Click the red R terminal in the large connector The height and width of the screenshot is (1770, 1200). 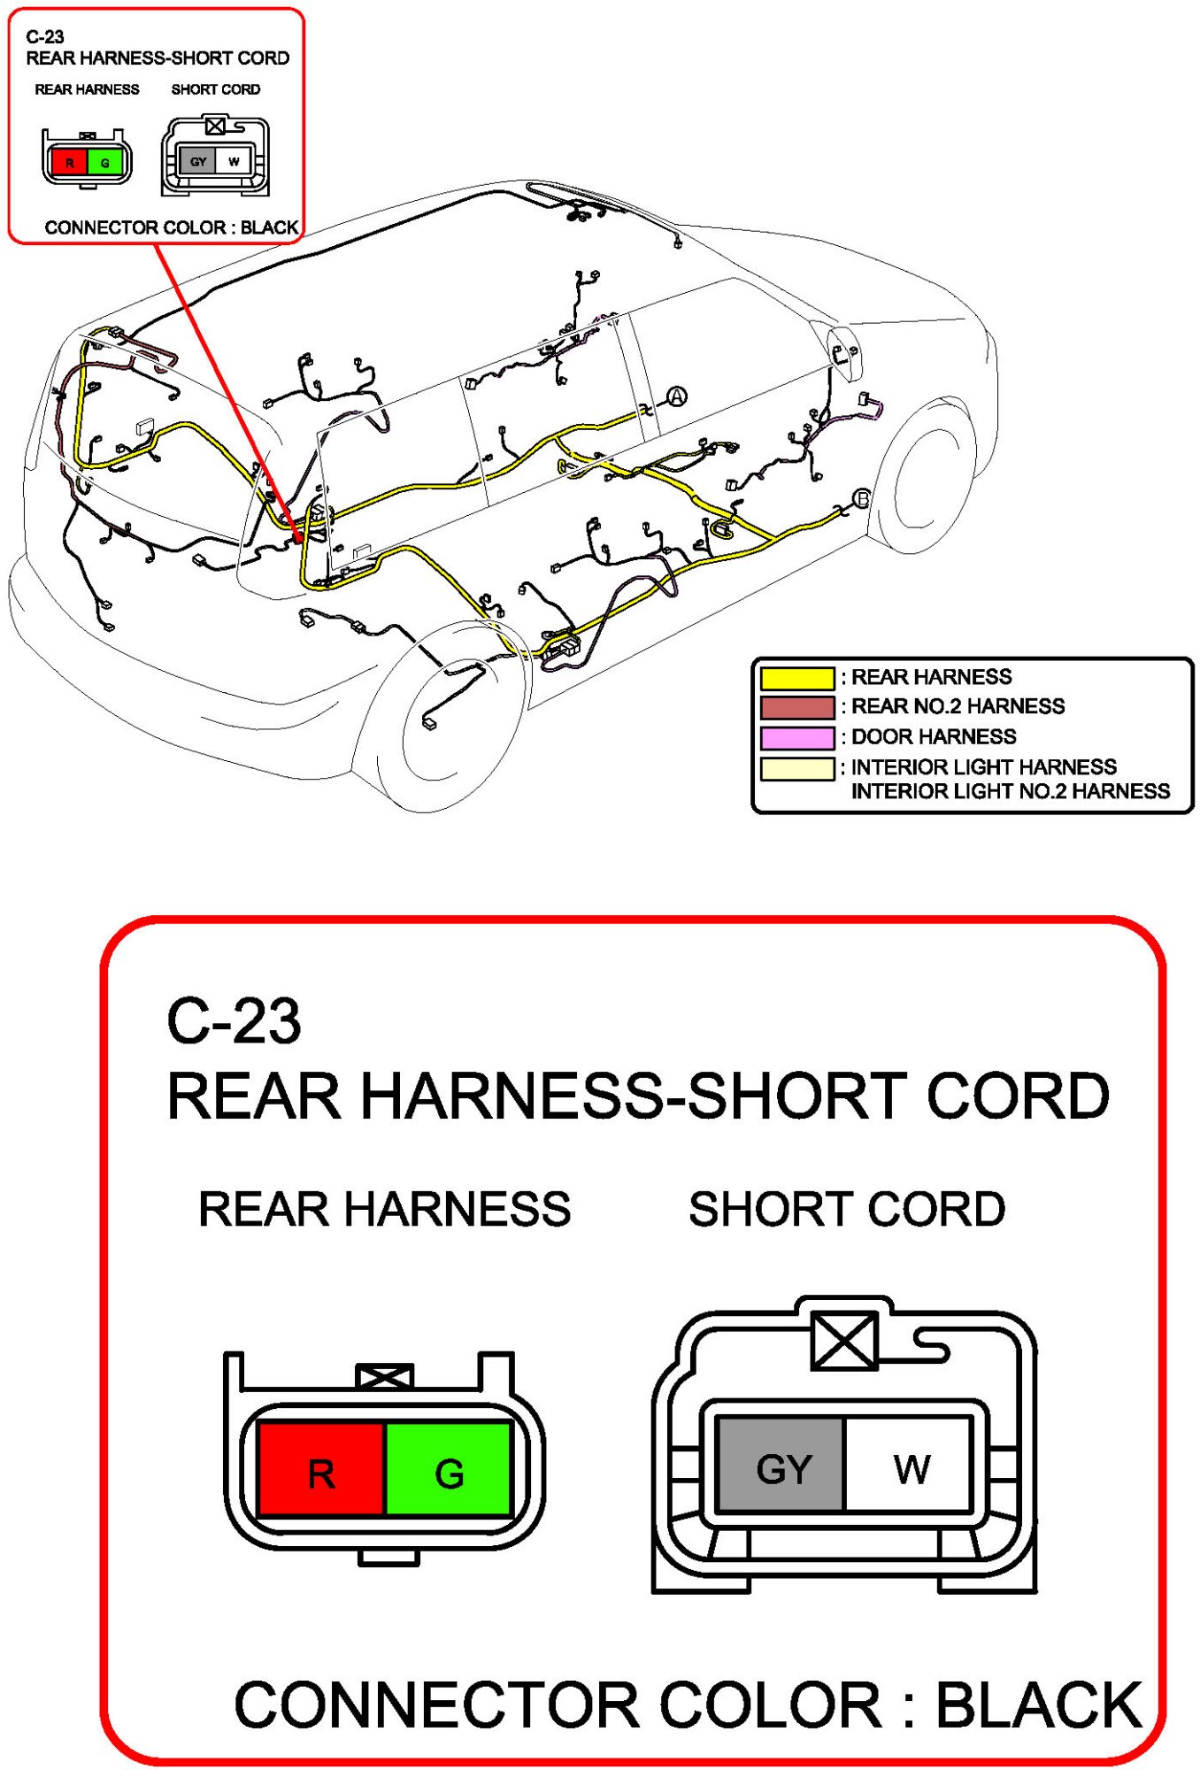pos(320,1469)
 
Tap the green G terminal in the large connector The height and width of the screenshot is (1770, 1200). pos(449,1469)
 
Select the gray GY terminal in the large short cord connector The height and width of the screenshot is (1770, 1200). pos(782,1465)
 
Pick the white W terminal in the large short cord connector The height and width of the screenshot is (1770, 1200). pos(910,1465)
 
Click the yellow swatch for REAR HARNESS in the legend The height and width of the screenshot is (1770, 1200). pos(796,678)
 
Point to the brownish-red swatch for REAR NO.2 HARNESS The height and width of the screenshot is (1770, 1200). pos(796,707)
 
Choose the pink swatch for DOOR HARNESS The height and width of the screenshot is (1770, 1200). pos(796,737)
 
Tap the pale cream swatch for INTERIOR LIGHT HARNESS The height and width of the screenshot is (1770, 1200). pos(796,768)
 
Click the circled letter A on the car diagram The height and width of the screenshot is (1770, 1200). pos(677,396)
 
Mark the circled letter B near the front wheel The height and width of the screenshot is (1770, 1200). pos(861,499)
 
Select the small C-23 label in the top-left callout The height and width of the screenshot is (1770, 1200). pos(45,37)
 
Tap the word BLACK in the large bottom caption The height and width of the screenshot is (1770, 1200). pos(1039,1705)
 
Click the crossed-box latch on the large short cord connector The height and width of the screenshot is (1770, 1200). pos(844,1340)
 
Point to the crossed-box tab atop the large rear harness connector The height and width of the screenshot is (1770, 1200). pos(384,1376)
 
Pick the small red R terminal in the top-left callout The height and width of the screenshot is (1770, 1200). pos(69,163)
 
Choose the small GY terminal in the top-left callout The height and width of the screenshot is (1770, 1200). pos(198,162)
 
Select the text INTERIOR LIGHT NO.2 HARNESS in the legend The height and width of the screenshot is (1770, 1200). pos(1010,791)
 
